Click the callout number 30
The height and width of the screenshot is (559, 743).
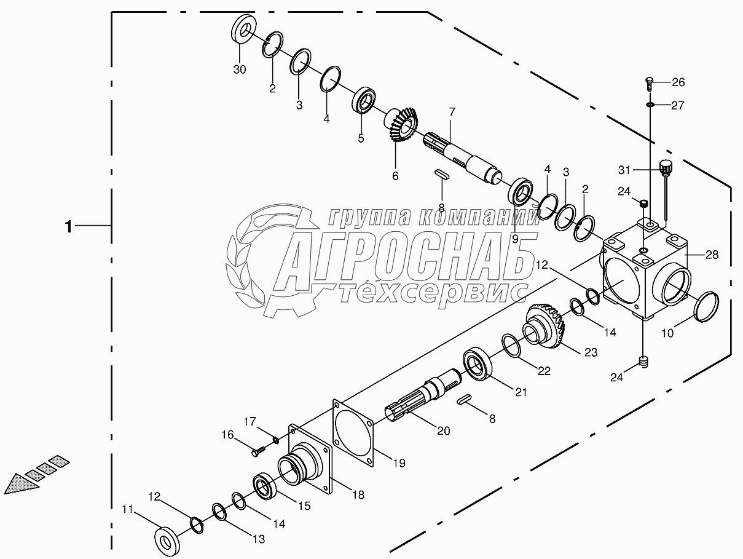pos(240,69)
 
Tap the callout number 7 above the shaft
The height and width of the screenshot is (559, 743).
pos(452,111)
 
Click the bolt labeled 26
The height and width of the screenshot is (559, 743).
pos(649,84)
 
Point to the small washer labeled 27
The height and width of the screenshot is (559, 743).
pos(650,105)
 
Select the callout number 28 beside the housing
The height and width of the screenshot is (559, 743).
pos(712,255)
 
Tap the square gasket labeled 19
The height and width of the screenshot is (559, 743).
pos(353,433)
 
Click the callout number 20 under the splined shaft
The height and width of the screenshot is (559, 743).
pos(444,430)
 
